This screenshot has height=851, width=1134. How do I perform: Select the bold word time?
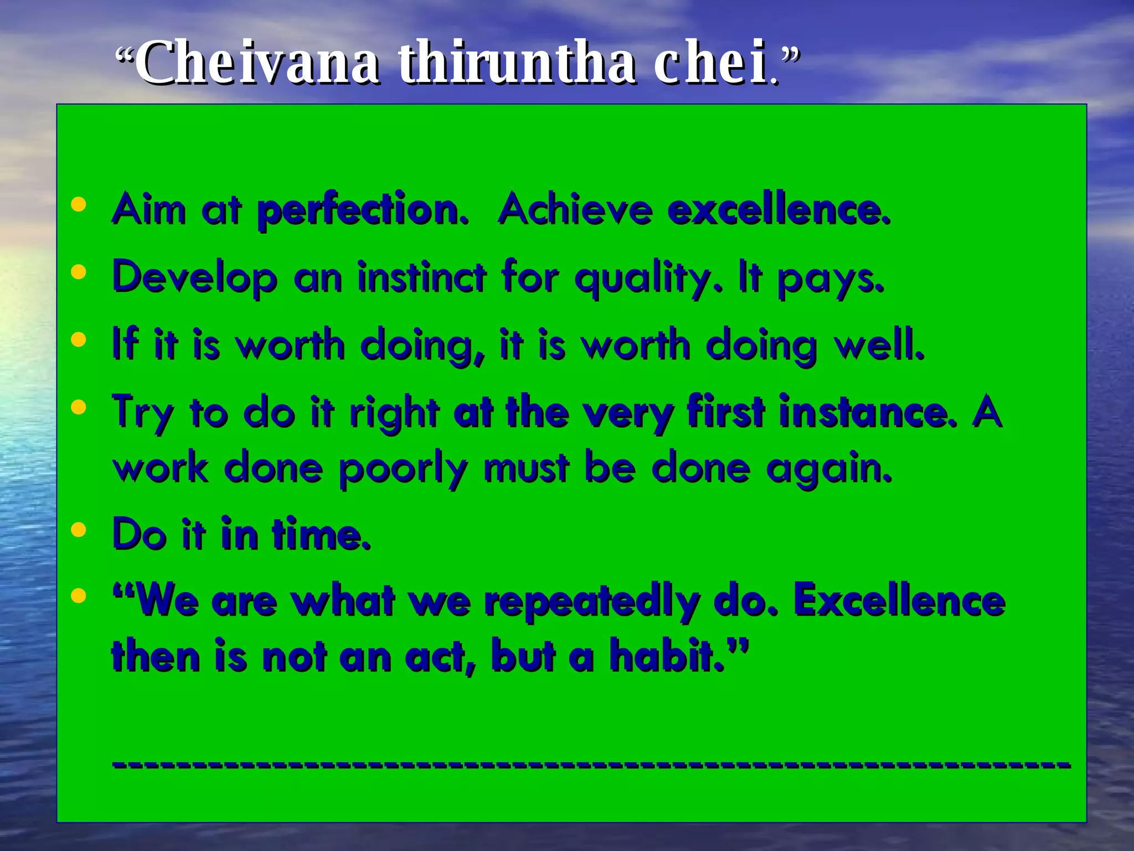(321, 535)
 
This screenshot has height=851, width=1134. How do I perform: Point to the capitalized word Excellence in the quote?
(899, 601)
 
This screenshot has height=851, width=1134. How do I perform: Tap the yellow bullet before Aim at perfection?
(79, 205)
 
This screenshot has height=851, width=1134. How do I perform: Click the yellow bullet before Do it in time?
(79, 530)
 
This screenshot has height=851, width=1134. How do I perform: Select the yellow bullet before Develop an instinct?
(79, 272)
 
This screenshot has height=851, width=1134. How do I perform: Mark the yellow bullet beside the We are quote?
(79, 596)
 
